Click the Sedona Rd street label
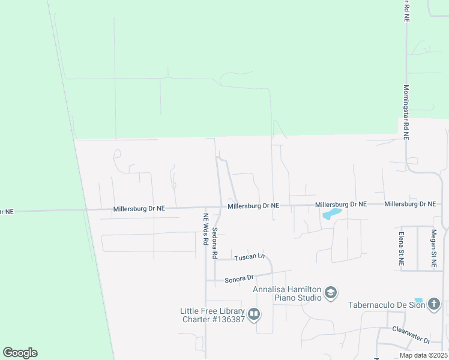214,236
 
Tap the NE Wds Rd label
205,230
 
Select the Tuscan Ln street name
249,256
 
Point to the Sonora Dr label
240,279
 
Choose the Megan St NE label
433,246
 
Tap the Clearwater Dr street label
411,335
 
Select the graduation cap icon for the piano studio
330,293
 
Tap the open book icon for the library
253,314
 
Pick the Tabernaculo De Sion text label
387,305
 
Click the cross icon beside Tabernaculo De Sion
434,305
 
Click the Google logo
20,353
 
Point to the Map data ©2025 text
423,355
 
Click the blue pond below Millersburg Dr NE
331,213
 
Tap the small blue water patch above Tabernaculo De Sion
418,300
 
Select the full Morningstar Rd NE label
406,112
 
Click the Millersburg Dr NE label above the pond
341,204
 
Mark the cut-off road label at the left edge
6,211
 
